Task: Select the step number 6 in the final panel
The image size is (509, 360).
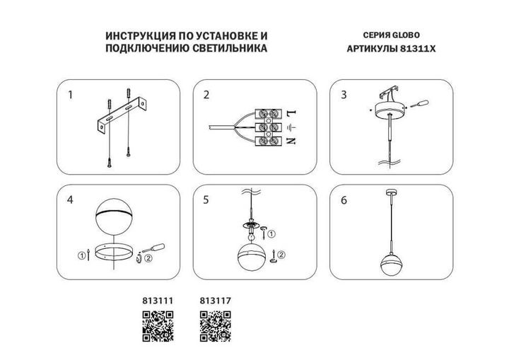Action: tap(344, 201)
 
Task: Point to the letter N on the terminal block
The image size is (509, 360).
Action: tap(291, 141)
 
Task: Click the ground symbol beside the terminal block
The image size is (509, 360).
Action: tap(291, 127)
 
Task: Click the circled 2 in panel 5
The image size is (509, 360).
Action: tap(281, 255)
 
